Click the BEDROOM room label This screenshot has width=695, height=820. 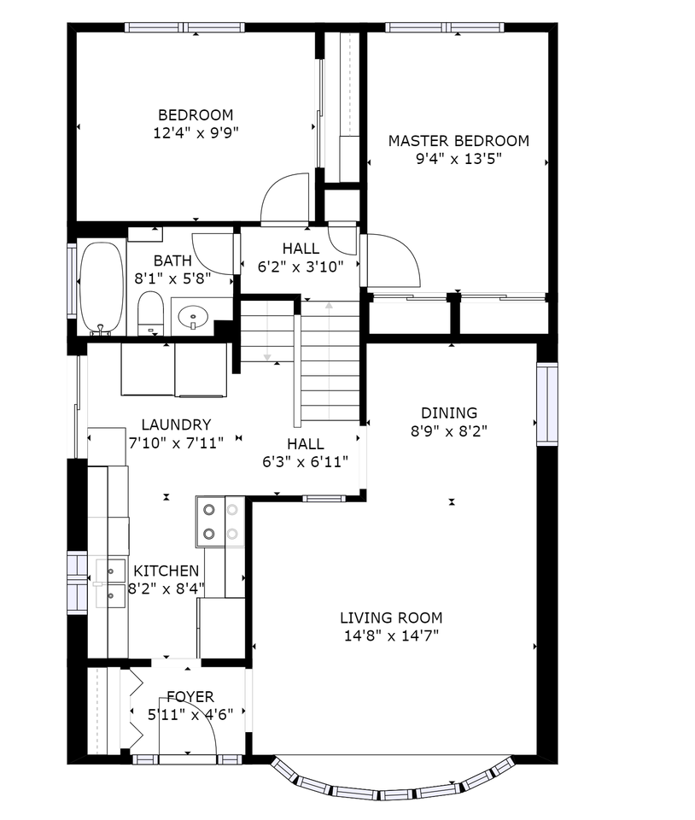(196, 115)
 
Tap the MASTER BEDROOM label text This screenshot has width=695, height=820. (458, 141)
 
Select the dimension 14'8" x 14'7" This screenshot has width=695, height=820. (391, 635)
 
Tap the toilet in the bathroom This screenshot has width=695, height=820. (150, 313)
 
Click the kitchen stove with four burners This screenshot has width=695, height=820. (219, 522)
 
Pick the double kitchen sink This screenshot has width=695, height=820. (110, 582)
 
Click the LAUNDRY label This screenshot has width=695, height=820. (176, 425)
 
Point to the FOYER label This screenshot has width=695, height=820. (190, 697)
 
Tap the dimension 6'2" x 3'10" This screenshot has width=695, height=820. (301, 266)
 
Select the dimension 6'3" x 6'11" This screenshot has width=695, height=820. (305, 461)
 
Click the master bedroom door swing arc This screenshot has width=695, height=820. (394, 261)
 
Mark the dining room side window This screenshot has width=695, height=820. (546, 404)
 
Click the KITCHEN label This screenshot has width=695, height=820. (166, 571)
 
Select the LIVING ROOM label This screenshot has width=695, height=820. (391, 618)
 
